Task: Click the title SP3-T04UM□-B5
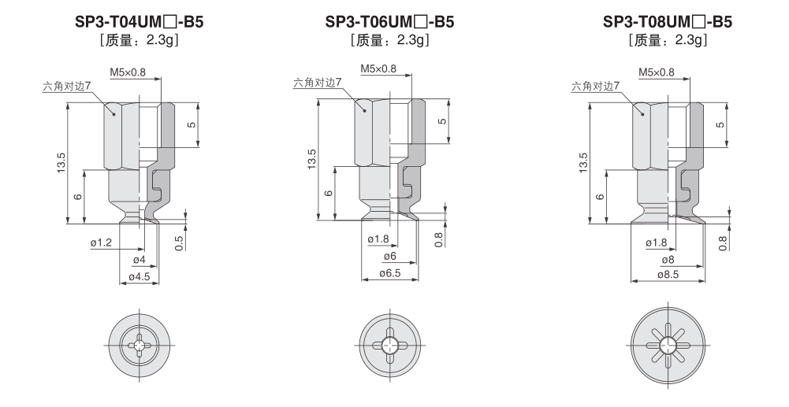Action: tap(140, 21)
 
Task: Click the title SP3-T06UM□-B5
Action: tap(389, 21)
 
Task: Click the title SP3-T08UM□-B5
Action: tap(668, 21)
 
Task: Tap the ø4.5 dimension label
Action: tap(140, 277)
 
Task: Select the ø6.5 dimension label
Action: tap(390, 273)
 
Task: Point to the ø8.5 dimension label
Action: tap(668, 274)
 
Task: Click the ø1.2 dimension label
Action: tap(102, 243)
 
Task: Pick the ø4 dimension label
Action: tap(140, 261)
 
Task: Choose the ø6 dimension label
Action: tap(390, 257)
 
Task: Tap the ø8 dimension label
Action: tap(668, 260)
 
